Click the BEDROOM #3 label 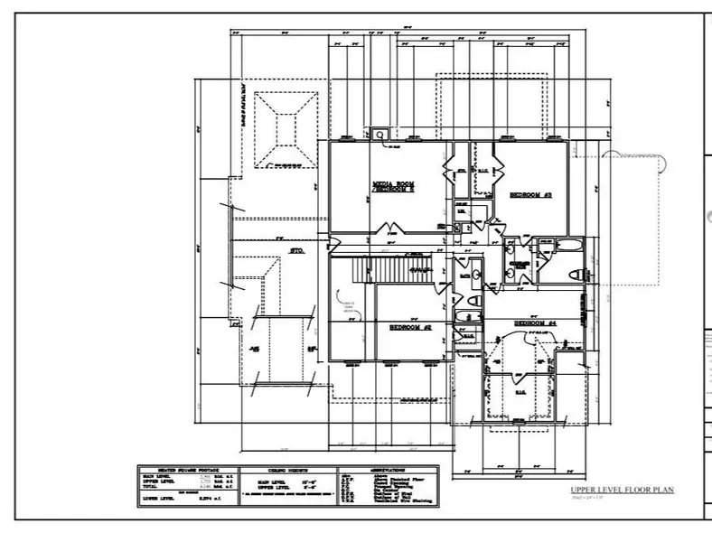pos(530,194)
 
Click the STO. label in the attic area pos(295,248)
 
